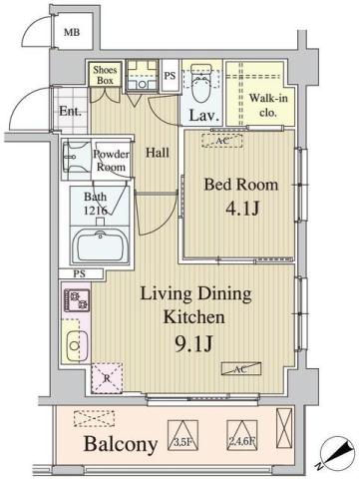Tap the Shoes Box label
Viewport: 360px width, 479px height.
pos(105,76)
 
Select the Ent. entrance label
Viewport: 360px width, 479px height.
pos(70,112)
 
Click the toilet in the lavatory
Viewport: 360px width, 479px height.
pos(200,89)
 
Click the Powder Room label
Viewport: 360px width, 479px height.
pos(110,161)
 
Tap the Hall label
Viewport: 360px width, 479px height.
pos(158,153)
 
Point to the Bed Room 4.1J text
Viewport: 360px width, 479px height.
pos(238,197)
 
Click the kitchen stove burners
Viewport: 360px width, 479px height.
pos(76,298)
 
